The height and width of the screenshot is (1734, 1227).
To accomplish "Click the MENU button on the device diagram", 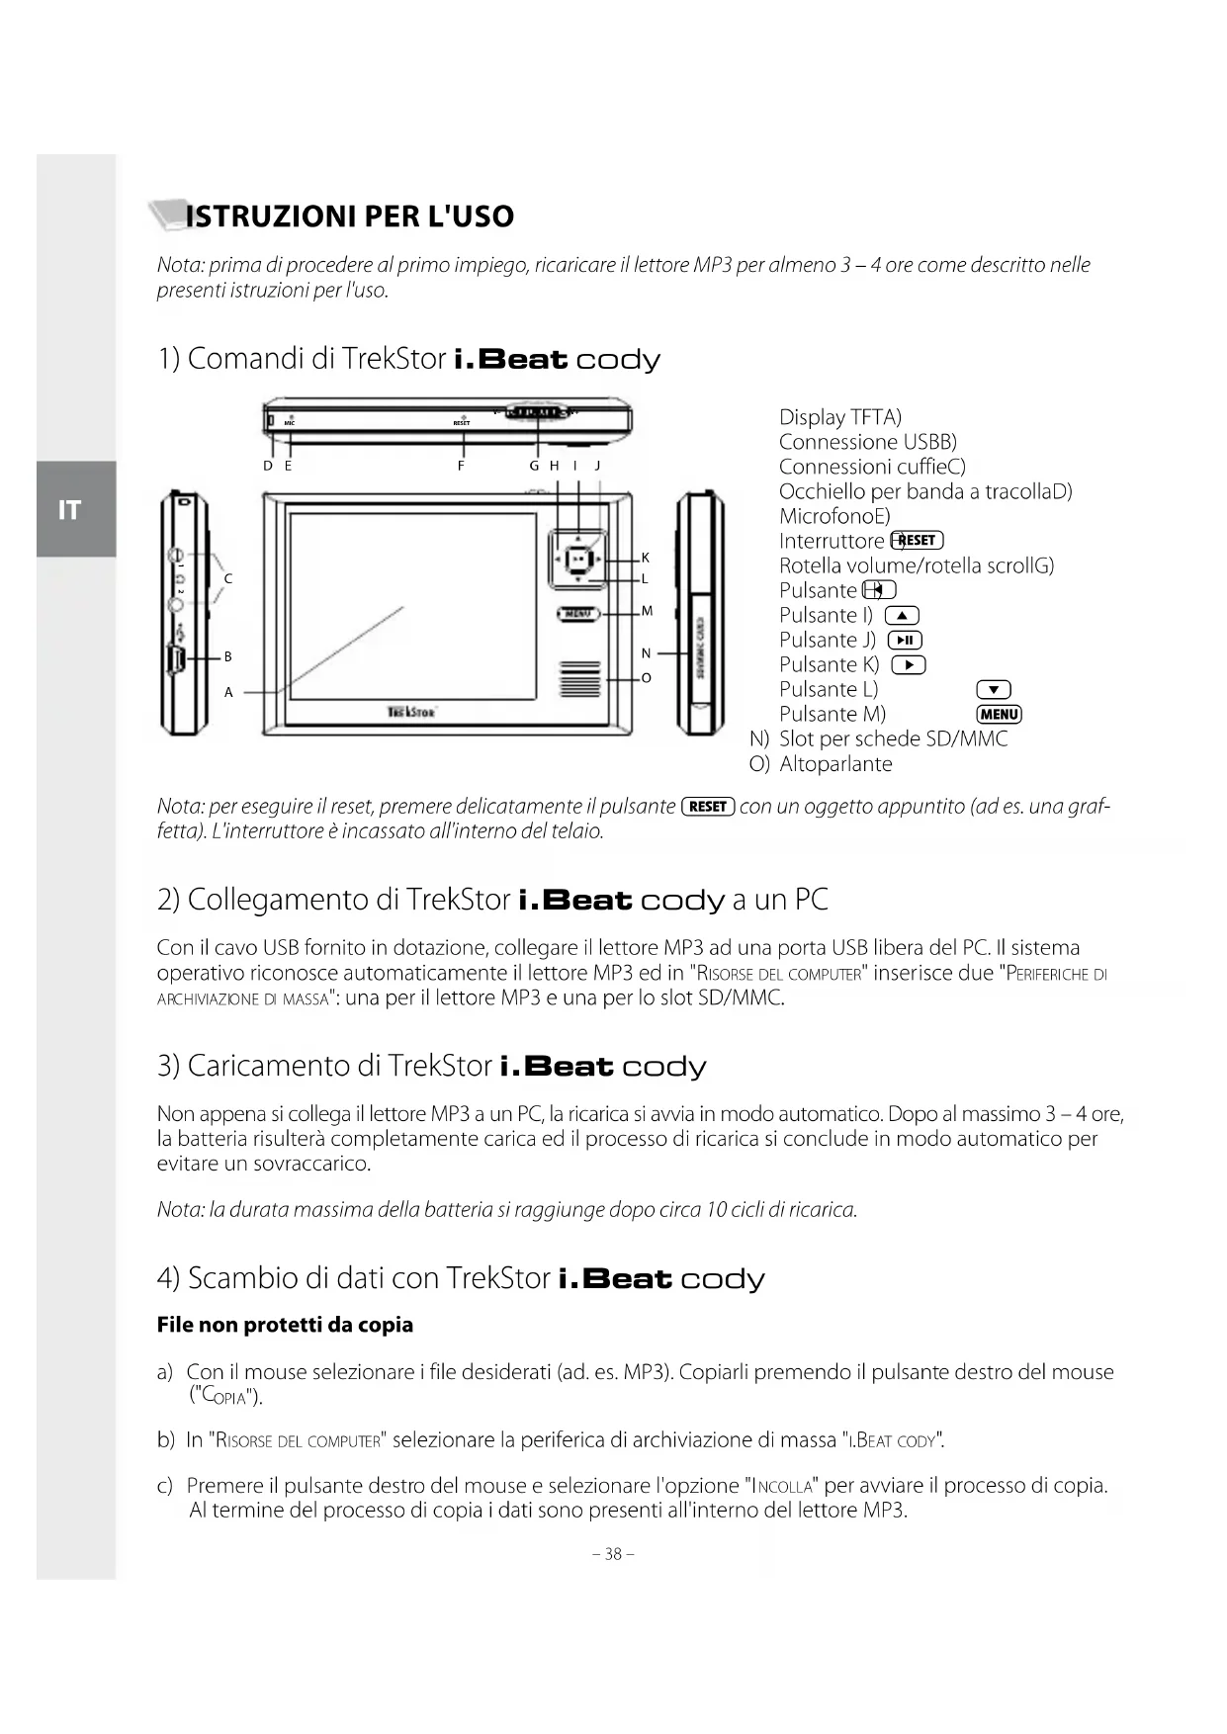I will point(578,614).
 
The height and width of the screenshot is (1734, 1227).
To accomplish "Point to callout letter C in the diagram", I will point(228,578).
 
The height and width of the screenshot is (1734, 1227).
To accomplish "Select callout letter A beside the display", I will point(228,693).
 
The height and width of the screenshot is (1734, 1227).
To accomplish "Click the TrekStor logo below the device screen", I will point(411,711).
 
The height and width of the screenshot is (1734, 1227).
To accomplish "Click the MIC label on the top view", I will point(290,423).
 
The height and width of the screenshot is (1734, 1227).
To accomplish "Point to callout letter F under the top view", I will point(461,466).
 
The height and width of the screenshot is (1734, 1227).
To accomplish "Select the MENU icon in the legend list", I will point(999,715).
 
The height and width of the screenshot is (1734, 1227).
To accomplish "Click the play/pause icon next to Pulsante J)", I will point(905,641).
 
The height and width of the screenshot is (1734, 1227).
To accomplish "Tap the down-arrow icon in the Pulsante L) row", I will point(993,690).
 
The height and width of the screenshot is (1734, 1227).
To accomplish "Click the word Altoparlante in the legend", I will point(835,764).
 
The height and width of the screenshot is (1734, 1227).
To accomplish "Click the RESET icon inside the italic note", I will point(708,807).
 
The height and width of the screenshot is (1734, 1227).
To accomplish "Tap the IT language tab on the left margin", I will point(69,510).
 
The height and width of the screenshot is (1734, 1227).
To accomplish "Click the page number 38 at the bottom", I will point(613,1553).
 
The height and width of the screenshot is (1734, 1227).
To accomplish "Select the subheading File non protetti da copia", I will point(285,1325).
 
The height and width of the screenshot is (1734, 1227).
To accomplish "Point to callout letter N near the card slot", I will point(646,653).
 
